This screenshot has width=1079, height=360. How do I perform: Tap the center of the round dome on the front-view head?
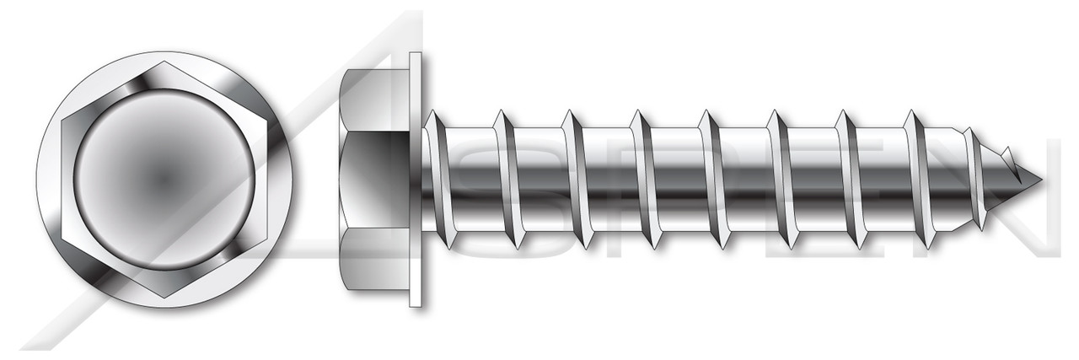click(x=165, y=179)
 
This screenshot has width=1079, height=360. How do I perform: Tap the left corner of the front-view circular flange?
click(x=39, y=179)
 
